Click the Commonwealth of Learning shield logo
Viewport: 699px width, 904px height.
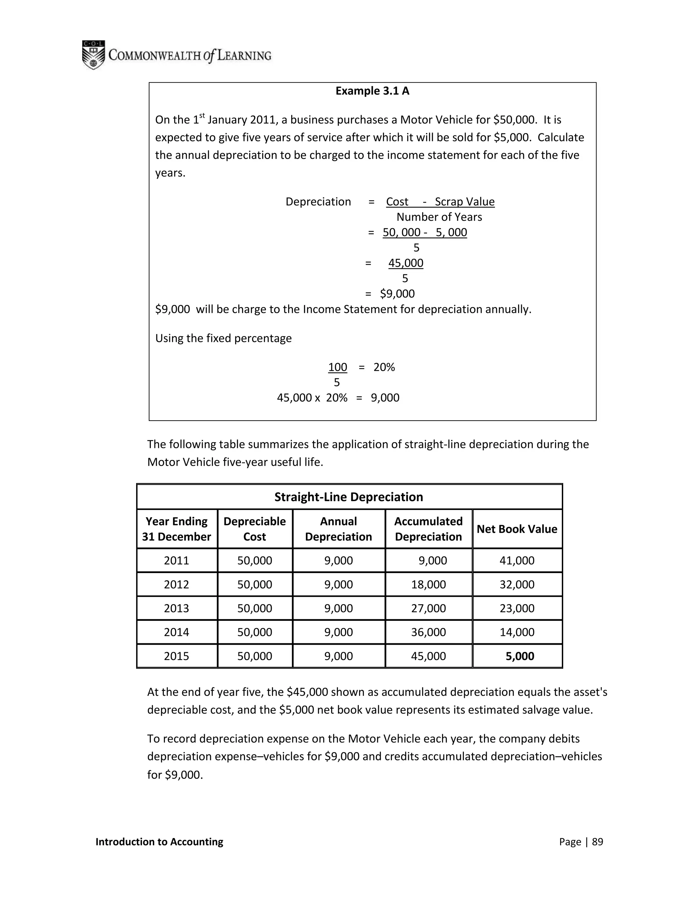pyautogui.click(x=93, y=55)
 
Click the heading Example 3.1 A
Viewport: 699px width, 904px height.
pyautogui.click(x=372, y=91)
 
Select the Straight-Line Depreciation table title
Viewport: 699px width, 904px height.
pyautogui.click(x=349, y=497)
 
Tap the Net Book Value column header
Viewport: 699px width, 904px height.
pyautogui.click(x=517, y=529)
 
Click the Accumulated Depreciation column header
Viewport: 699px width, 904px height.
pyautogui.click(x=428, y=529)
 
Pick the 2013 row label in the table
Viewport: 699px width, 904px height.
pyautogui.click(x=176, y=608)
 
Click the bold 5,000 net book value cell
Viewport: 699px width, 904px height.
pyautogui.click(x=520, y=656)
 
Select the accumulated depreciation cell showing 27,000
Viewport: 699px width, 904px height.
pyautogui.click(x=428, y=608)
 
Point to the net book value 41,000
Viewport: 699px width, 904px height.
pyautogui.click(x=517, y=560)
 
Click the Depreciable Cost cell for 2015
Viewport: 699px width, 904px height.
pyautogui.click(x=255, y=656)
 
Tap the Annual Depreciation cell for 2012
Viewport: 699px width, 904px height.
pyautogui.click(x=338, y=584)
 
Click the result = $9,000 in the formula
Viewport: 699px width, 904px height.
pyautogui.click(x=397, y=294)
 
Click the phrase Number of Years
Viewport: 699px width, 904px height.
pyautogui.click(x=439, y=217)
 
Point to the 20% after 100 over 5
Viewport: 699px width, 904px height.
pyautogui.click(x=384, y=367)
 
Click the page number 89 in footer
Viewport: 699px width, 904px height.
pyautogui.click(x=597, y=842)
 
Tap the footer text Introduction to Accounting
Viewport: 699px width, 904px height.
pyautogui.click(x=159, y=842)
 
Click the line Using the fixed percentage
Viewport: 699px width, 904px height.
pyautogui.click(x=223, y=338)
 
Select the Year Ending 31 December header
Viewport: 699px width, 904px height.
pyautogui.click(x=176, y=529)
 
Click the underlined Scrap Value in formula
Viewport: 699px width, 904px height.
pyautogui.click(x=464, y=202)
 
